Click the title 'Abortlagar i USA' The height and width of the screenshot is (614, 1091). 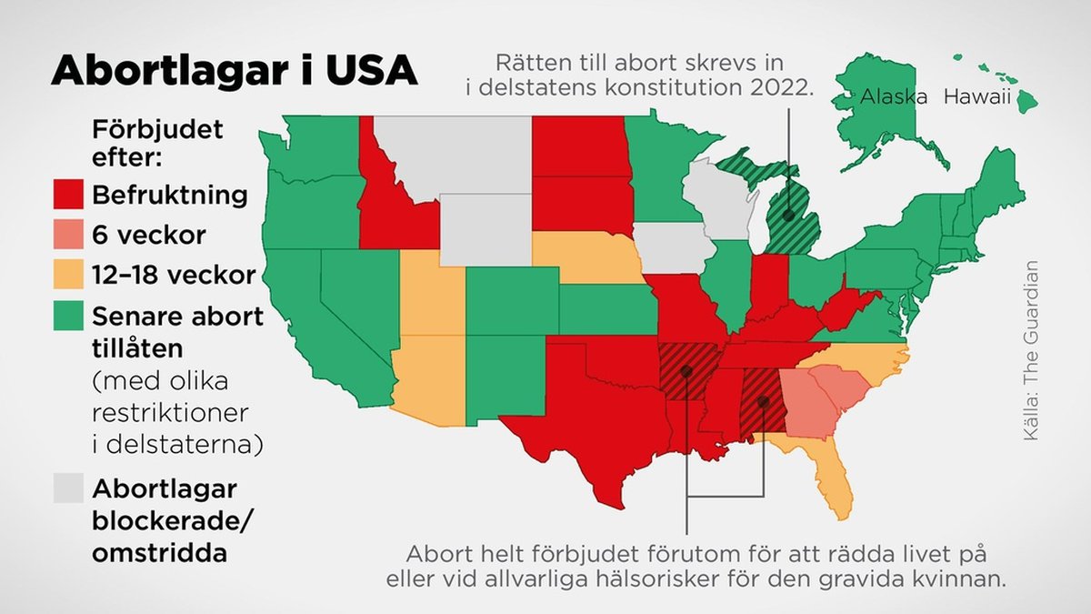pyautogui.click(x=234, y=72)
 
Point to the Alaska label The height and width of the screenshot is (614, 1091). pyautogui.click(x=894, y=96)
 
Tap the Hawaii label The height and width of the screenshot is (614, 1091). pyautogui.click(x=977, y=96)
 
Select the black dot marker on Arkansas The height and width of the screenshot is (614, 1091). pyautogui.click(x=686, y=371)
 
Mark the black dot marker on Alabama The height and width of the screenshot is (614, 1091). pyautogui.click(x=764, y=401)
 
